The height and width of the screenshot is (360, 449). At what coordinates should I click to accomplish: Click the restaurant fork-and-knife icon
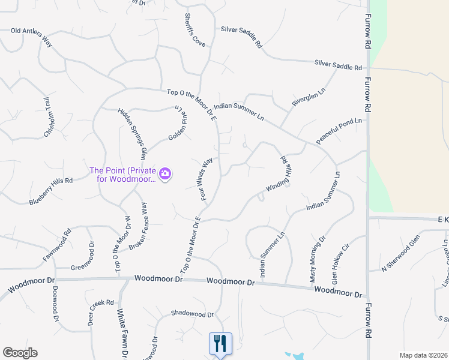click(x=220, y=344)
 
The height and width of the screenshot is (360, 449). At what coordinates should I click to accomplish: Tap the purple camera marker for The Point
click(x=166, y=175)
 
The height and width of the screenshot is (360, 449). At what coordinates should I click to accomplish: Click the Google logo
click(x=20, y=353)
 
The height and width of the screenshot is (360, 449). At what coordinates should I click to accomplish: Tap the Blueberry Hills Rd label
click(x=50, y=191)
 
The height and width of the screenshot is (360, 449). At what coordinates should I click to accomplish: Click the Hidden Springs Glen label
click(x=132, y=133)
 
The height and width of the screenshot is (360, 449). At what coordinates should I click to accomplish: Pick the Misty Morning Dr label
click(x=317, y=259)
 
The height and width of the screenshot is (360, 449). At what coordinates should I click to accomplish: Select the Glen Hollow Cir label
click(x=340, y=264)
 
